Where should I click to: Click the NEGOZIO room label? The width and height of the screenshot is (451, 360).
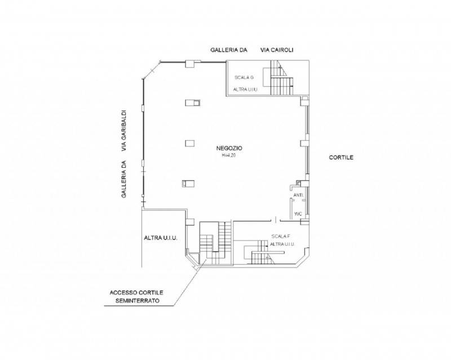coord(229,148)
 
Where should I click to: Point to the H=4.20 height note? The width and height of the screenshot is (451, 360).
coord(229,155)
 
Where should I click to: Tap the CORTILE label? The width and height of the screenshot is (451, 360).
coord(341,158)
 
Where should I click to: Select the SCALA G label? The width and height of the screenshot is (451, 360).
coord(244,78)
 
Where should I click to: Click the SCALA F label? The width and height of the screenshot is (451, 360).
coord(280,237)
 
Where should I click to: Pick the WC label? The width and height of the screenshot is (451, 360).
coord(298,214)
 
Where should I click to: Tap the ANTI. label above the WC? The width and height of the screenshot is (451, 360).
coord(298,195)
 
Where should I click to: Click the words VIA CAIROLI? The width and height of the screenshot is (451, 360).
coord(277,50)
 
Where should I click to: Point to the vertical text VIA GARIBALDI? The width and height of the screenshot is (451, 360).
coord(124,131)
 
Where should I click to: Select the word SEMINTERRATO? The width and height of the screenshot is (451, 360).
coord(138,301)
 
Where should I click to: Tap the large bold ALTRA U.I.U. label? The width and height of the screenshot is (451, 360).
coord(161,238)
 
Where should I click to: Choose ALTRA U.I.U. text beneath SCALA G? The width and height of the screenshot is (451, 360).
coord(245,90)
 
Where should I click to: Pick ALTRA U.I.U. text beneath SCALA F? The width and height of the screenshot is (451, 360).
coord(282,245)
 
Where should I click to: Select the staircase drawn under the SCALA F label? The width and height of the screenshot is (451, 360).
coord(263,252)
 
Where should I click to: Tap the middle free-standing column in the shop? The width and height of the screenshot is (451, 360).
coord(190,143)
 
